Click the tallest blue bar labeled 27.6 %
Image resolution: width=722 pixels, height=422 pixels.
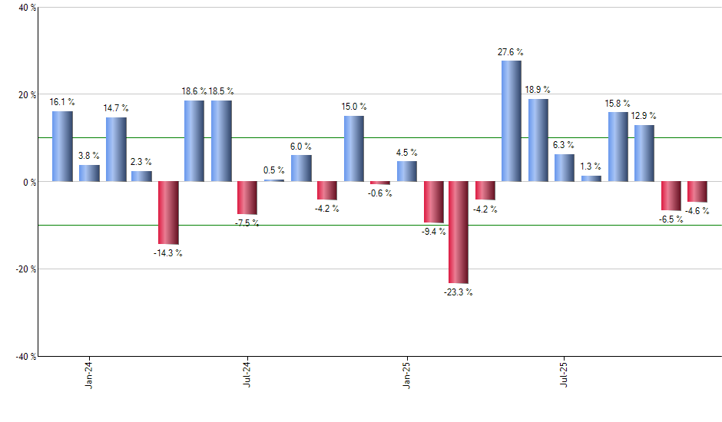click(x=511, y=121)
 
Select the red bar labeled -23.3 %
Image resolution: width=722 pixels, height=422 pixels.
click(x=459, y=232)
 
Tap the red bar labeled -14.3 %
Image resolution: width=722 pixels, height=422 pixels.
click(x=168, y=213)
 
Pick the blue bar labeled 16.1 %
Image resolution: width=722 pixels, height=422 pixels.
click(x=62, y=147)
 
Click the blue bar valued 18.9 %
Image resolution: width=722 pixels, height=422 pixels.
click(x=538, y=140)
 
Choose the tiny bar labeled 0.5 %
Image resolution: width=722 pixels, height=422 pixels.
click(x=273, y=180)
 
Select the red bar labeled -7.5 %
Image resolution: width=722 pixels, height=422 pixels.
click(x=247, y=198)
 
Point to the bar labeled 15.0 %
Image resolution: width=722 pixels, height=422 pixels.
click(x=353, y=149)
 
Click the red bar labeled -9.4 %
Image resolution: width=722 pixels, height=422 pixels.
click(x=432, y=202)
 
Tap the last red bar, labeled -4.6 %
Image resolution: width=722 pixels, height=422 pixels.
click(x=697, y=192)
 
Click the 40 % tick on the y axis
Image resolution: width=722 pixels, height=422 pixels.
click(x=27, y=8)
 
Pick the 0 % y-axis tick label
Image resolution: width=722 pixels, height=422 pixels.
click(x=29, y=183)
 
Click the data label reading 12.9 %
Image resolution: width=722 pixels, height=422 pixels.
click(x=644, y=116)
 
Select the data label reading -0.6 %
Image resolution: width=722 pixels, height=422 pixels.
click(x=379, y=193)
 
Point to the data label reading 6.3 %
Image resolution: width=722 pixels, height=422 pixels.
click(x=564, y=145)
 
